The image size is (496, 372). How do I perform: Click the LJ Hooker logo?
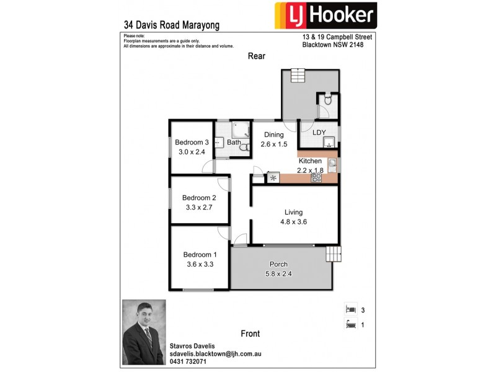(x=325, y=17)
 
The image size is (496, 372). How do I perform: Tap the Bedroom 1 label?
(x=200, y=254)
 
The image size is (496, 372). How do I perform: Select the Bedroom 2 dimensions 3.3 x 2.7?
(x=199, y=208)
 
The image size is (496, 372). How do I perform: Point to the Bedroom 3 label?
(x=192, y=141)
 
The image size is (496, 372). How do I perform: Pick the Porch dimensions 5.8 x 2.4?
(x=278, y=273)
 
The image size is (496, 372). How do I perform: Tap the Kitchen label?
(x=310, y=161)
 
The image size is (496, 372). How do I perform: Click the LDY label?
(x=319, y=132)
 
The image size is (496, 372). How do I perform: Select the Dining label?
(x=273, y=135)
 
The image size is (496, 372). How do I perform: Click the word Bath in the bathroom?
(x=234, y=143)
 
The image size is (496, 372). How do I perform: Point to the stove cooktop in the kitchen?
(x=316, y=177)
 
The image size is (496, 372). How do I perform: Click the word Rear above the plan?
(x=257, y=56)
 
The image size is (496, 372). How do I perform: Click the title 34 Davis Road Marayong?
(x=172, y=25)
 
